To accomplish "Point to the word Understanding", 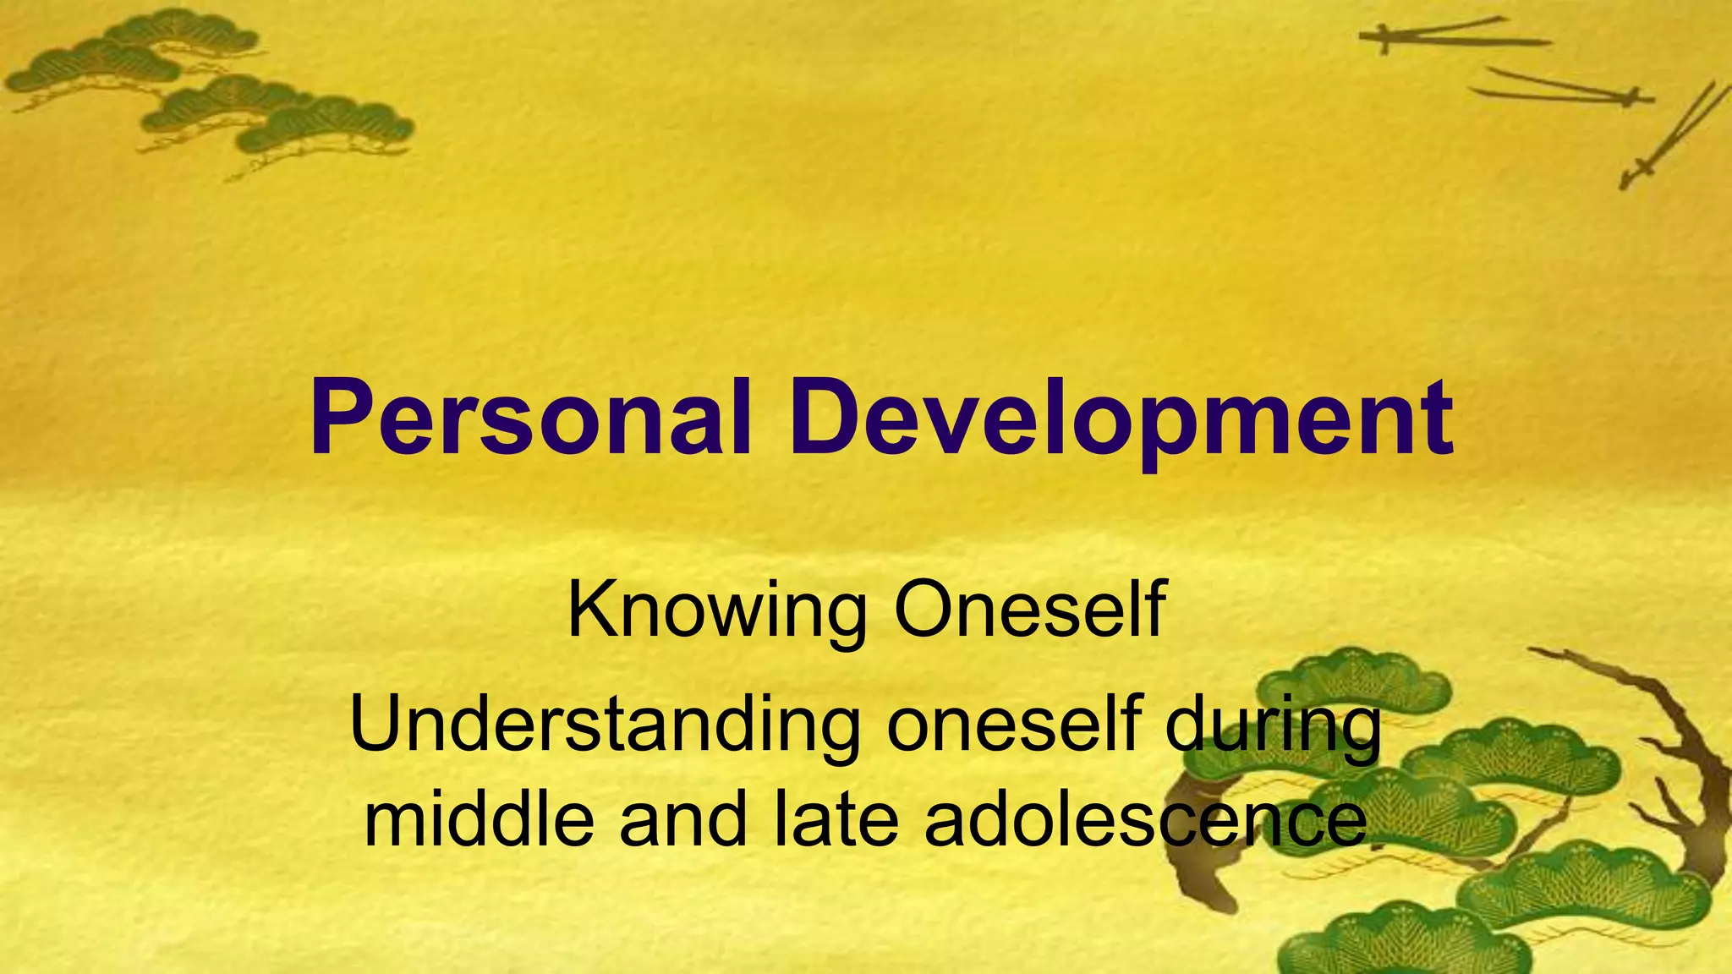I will [x=605, y=725].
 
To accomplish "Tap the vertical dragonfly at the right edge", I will [x=1670, y=135].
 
